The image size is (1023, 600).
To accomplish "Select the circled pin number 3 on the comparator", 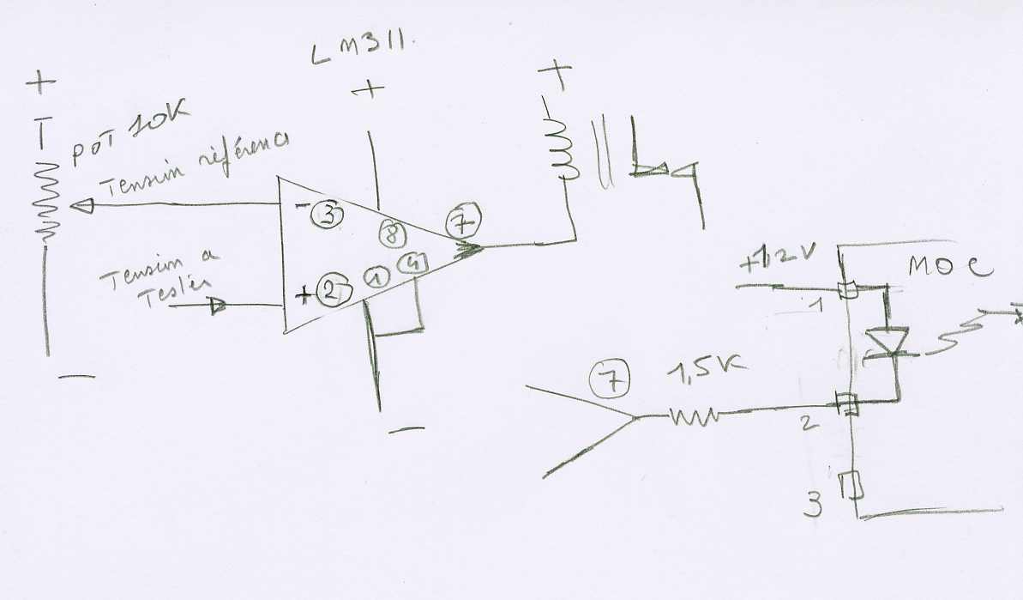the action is point(327,215).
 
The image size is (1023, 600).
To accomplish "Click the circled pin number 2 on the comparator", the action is point(328,291).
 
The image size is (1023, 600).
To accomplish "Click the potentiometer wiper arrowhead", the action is point(83,206).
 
